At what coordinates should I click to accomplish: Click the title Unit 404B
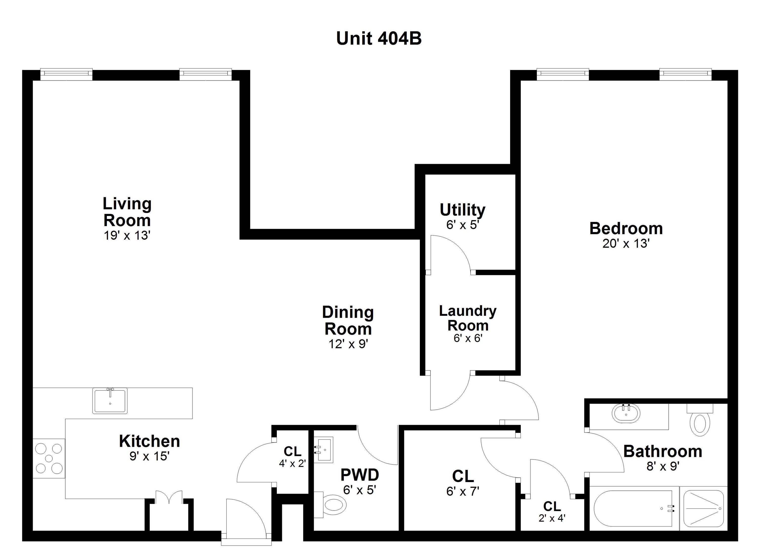[x=379, y=39]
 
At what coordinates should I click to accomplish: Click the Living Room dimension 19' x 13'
[x=127, y=236]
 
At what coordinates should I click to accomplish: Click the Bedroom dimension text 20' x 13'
[x=626, y=244]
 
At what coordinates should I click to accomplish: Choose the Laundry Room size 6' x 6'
[x=468, y=339]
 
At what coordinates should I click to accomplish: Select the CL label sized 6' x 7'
[x=463, y=476]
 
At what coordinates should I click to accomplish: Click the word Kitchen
[x=149, y=442]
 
